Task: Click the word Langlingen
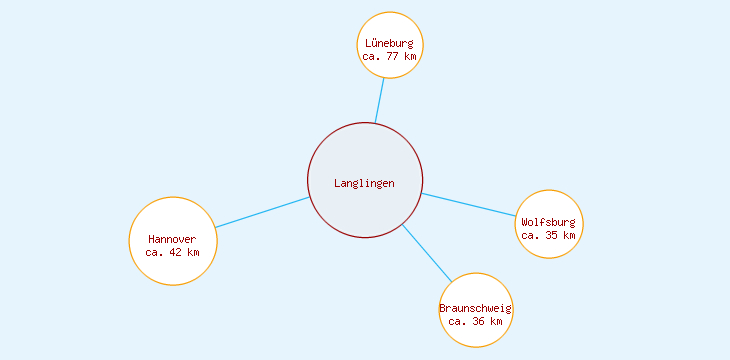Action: click(x=365, y=183)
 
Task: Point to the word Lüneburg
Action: click(x=389, y=43)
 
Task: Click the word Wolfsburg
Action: click(x=549, y=222)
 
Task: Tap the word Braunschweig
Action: click(x=476, y=308)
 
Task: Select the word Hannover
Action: click(x=173, y=239)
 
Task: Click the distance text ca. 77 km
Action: click(x=389, y=56)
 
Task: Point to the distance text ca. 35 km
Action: click(x=549, y=235)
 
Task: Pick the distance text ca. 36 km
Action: click(x=476, y=321)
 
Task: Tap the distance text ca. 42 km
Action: click(x=173, y=252)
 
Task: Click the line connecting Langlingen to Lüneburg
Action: click(x=380, y=100)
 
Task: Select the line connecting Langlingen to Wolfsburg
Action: click(x=468, y=204)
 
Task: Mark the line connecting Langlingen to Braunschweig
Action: click(x=427, y=252)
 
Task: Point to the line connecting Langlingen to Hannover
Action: click(x=262, y=212)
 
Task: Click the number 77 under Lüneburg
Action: click(x=393, y=56)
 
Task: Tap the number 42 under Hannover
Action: click(x=177, y=252)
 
